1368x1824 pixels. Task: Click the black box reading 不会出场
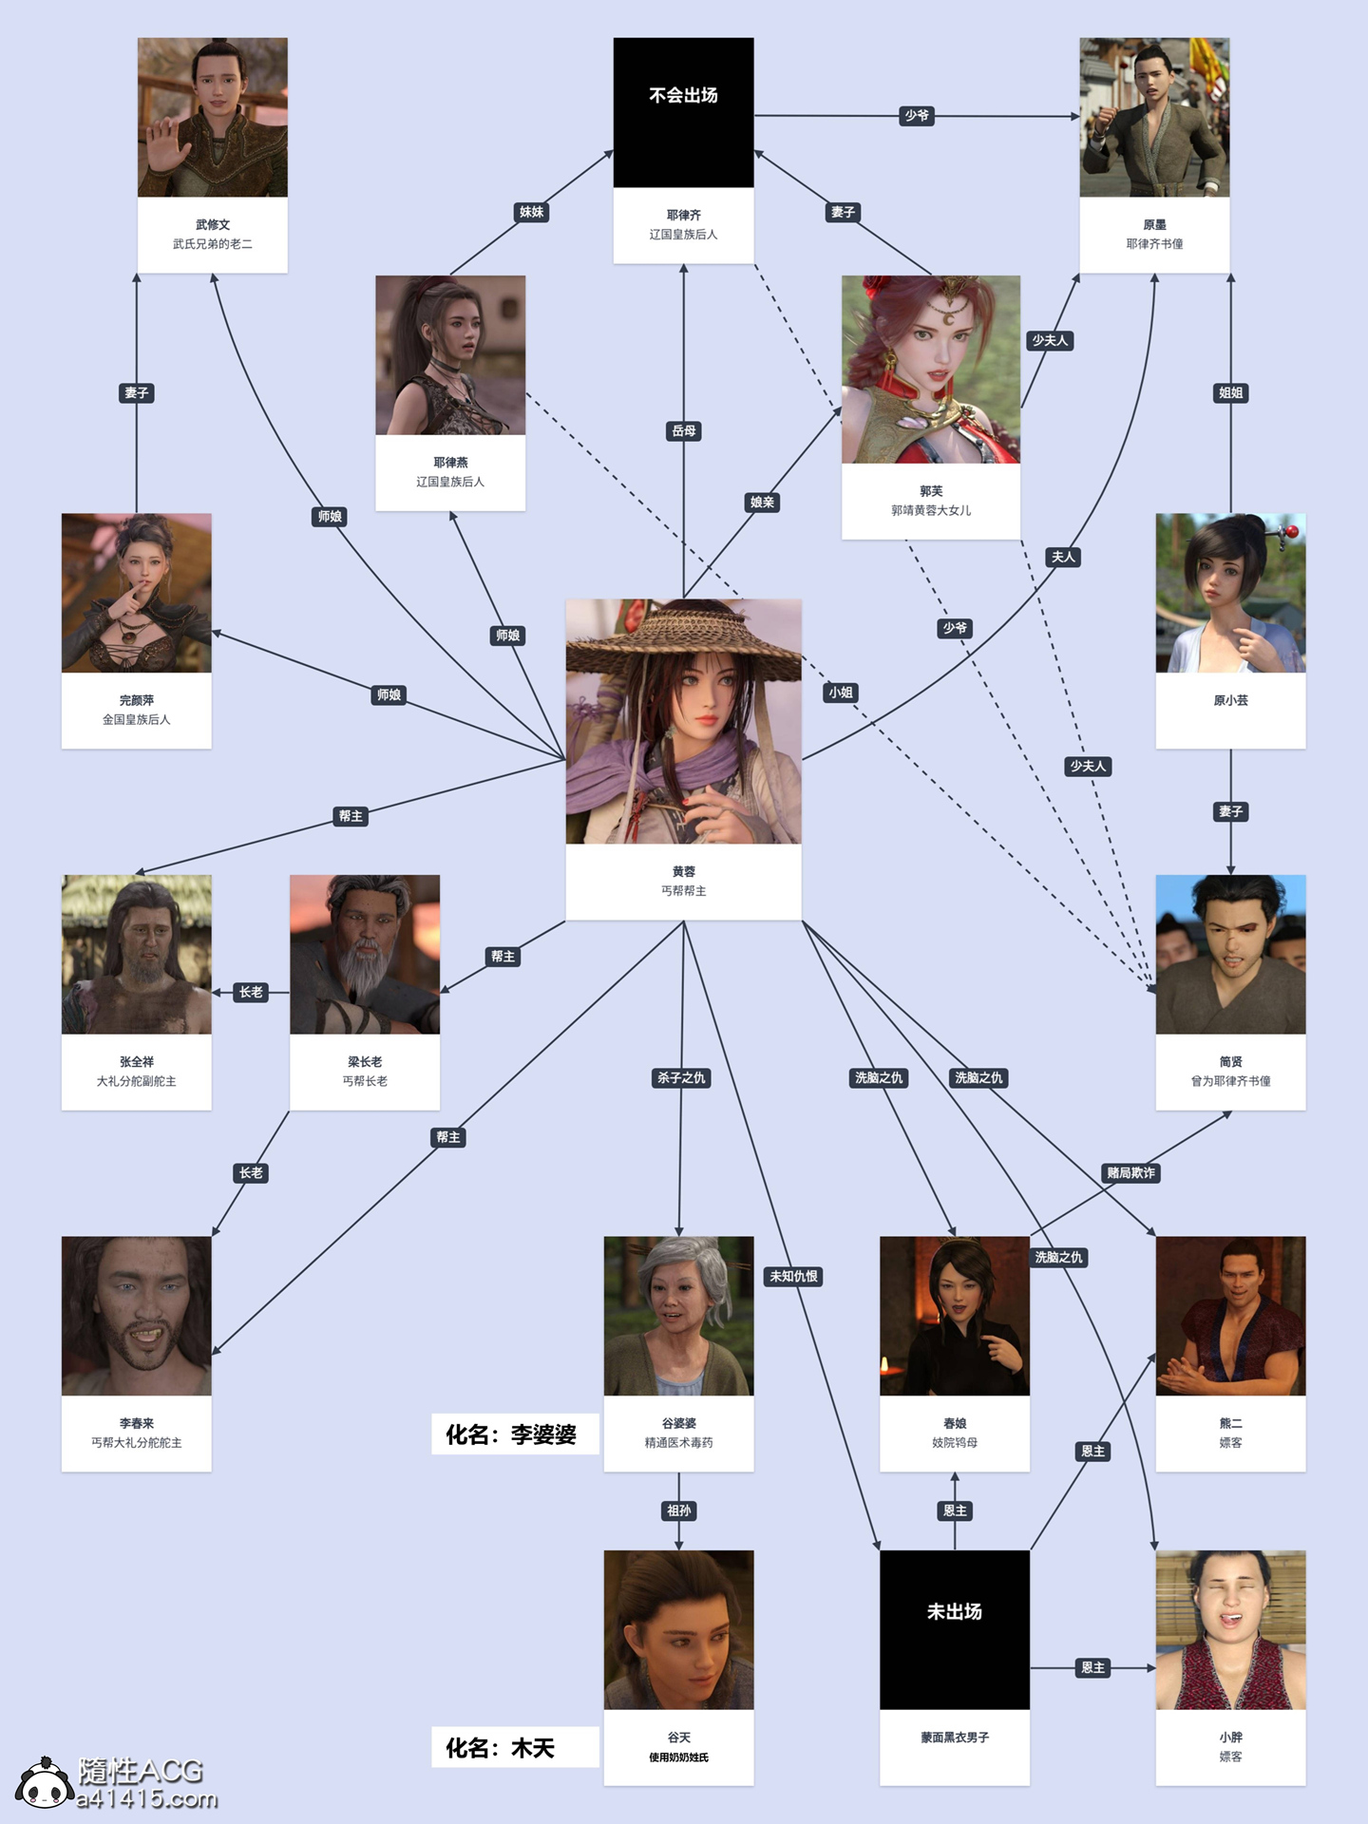[683, 112]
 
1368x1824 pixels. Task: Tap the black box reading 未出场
[954, 1629]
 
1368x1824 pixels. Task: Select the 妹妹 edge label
[531, 212]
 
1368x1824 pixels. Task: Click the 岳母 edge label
[683, 431]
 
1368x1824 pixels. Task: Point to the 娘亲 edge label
[762, 503]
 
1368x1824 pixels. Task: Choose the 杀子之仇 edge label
[681, 1077]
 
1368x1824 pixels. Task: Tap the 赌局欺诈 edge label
[1130, 1172]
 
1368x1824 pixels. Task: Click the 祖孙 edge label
[678, 1510]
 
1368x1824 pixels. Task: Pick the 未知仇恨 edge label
[793, 1276]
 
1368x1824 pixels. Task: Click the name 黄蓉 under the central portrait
[683, 871]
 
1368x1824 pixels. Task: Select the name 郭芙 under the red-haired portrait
[930, 491]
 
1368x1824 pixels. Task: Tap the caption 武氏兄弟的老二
[212, 244]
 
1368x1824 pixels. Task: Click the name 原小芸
[1230, 700]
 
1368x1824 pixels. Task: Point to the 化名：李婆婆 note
[514, 1434]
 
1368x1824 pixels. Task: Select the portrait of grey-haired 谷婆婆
[678, 1315]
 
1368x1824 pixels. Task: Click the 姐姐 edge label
[1230, 392]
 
